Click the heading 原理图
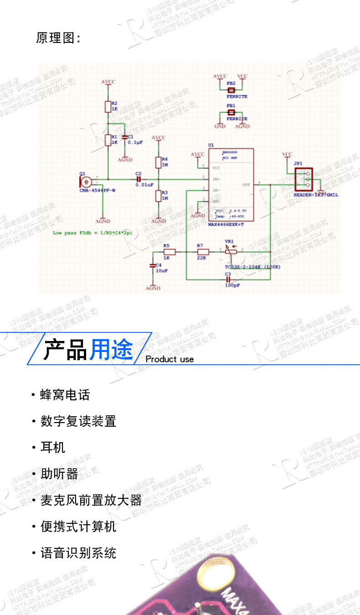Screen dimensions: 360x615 (57, 38)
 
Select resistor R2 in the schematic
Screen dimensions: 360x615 (108, 106)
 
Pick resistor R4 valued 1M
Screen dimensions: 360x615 (158, 162)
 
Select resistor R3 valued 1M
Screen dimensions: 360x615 (158, 196)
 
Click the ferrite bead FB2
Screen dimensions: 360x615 (231, 90)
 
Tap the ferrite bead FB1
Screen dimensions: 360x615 (231, 112)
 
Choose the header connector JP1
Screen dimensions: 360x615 (303, 179)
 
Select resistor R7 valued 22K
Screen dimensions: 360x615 (203, 251)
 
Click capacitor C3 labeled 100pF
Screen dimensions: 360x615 (228, 279)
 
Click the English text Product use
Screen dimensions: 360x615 (170, 359)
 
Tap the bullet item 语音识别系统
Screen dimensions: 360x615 (78, 553)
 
